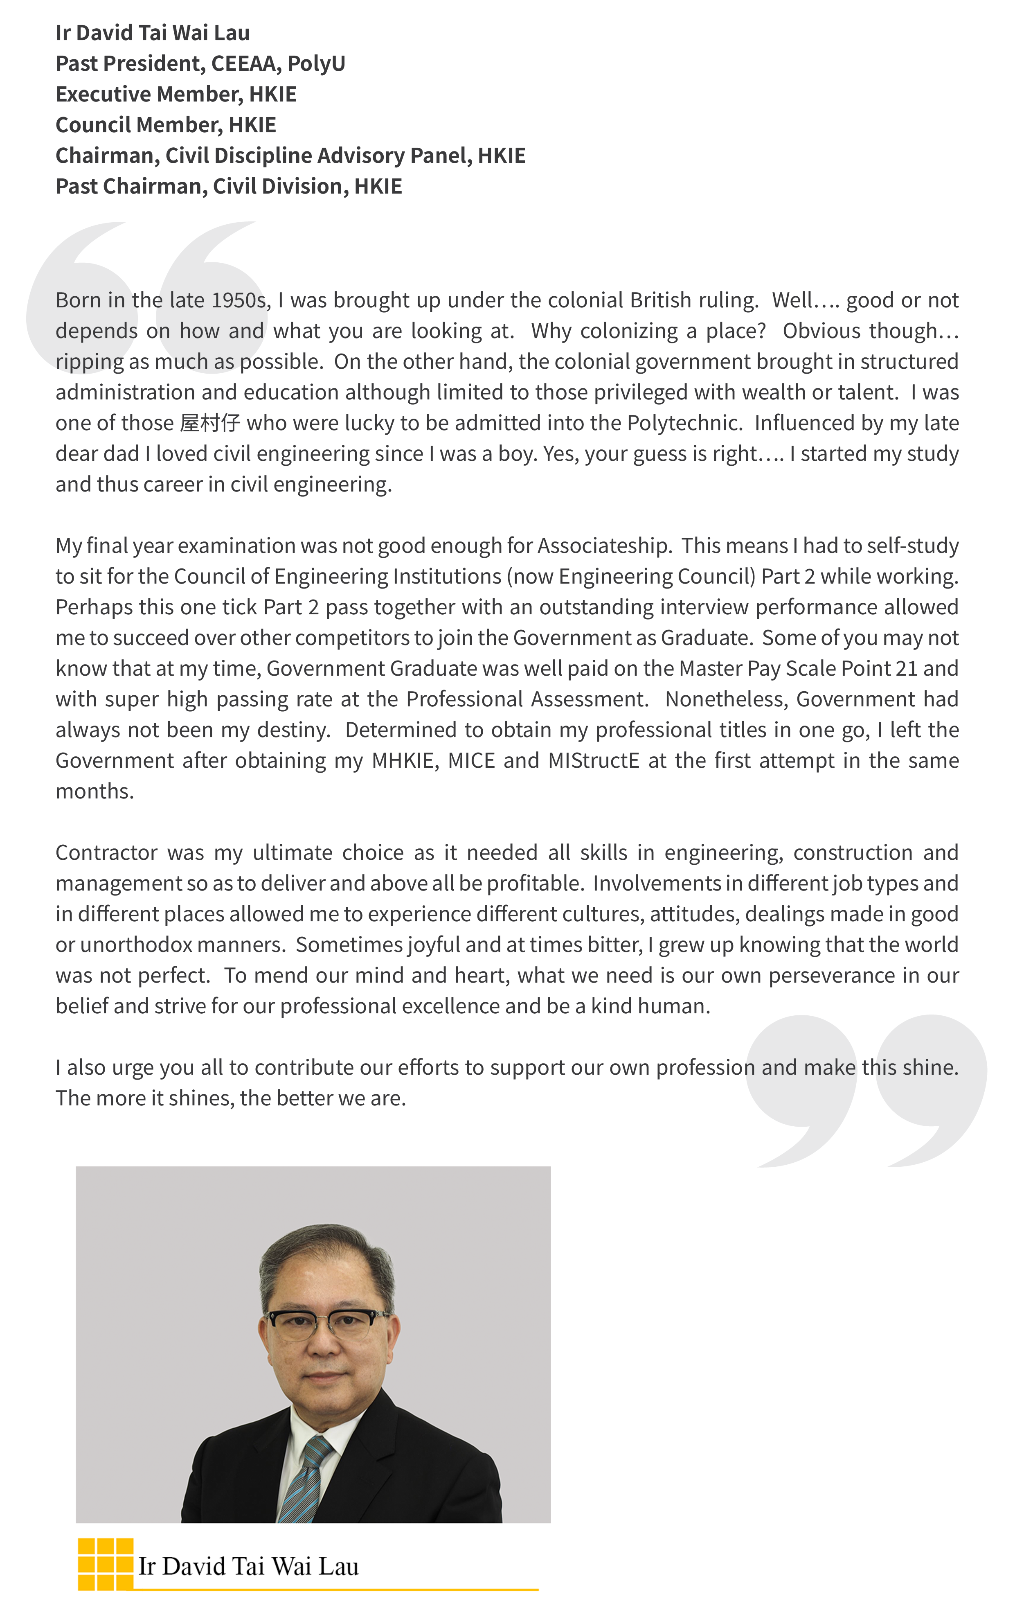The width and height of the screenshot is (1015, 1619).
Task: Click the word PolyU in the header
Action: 316,63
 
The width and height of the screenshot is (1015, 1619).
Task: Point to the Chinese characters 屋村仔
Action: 210,423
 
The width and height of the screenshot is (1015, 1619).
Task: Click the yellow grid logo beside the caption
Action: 106,1564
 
